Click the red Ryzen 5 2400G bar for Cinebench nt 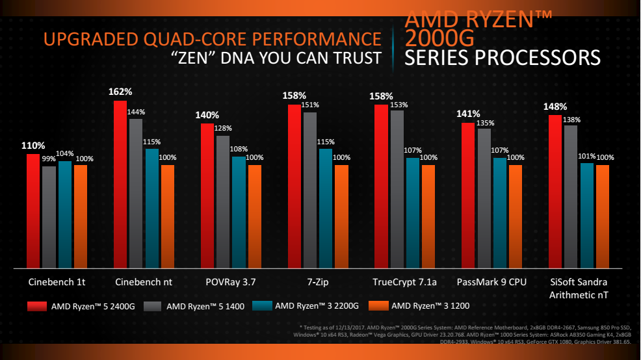click(120, 185)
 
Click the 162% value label click(120, 92)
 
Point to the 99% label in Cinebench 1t click(49, 159)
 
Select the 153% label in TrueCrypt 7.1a click(398, 105)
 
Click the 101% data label click(586, 156)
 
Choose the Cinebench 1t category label click(57, 283)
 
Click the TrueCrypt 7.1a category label click(404, 283)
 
